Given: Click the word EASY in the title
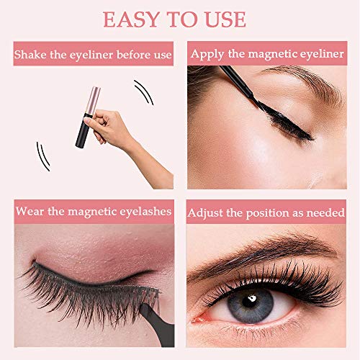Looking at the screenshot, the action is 131,19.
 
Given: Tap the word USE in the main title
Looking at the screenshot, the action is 226,19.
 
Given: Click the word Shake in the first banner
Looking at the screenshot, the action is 30,55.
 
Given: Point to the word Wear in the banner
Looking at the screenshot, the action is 30,211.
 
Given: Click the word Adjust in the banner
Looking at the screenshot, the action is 205,213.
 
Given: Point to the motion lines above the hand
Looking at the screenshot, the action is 143,92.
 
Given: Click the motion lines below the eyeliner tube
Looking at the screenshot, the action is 43,156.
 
